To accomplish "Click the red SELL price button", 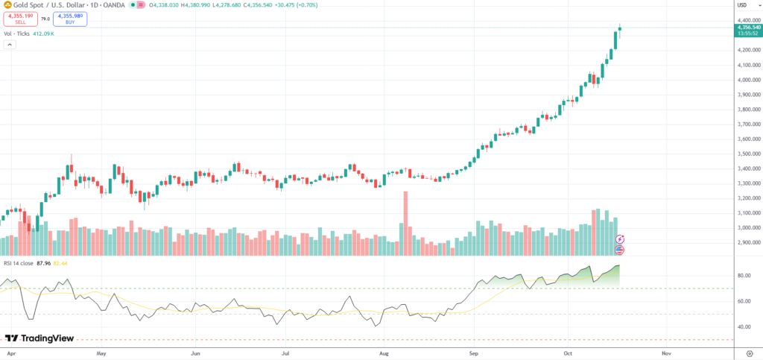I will (x=20, y=19).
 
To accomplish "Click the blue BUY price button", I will (x=70, y=19).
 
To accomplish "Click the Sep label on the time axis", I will (x=473, y=350).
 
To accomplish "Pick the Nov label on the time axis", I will (x=666, y=350).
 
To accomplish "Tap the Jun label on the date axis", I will (x=195, y=350).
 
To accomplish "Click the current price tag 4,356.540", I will (x=747, y=28).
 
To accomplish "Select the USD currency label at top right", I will (x=742, y=5).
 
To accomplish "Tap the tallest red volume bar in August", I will (x=406, y=224).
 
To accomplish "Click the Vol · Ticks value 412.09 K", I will (x=42, y=34).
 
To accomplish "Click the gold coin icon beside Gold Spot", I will (x=7, y=6).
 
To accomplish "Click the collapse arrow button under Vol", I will (x=10, y=45).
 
